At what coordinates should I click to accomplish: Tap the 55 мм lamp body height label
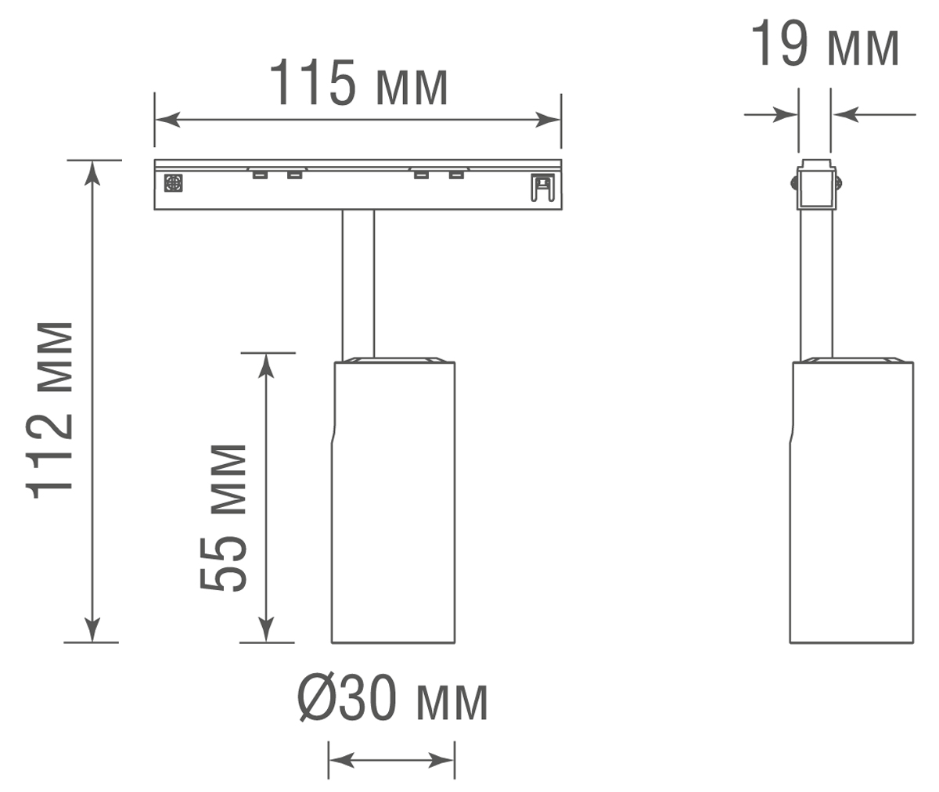pyautogui.click(x=223, y=517)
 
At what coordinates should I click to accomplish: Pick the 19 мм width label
pyautogui.click(x=825, y=44)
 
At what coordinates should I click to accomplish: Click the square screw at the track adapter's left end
pyautogui.click(x=173, y=183)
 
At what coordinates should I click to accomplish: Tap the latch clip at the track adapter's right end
pyautogui.click(x=543, y=187)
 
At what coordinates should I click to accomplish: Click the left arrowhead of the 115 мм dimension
pyautogui.click(x=167, y=120)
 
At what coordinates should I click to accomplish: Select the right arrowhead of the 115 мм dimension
pyautogui.click(x=548, y=120)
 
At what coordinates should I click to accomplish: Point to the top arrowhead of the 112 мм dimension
pyautogui.click(x=92, y=173)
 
